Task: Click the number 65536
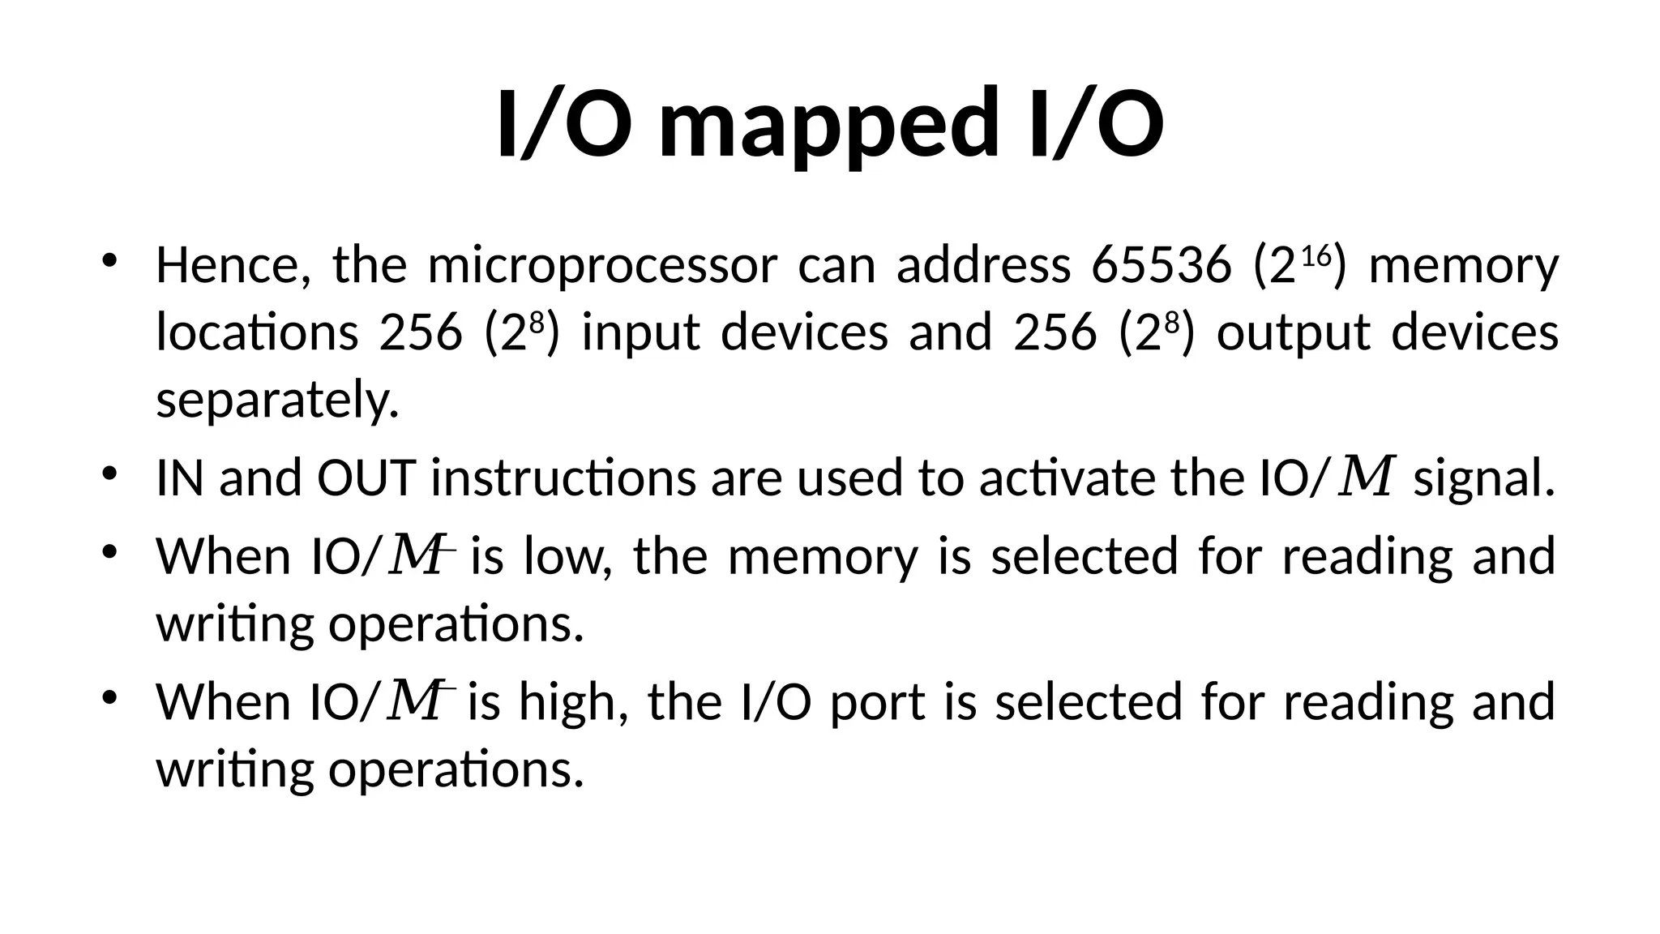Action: pyautogui.click(x=1161, y=265)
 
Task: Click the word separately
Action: pyautogui.click(x=277, y=401)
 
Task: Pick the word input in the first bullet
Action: pyautogui.click(x=640, y=333)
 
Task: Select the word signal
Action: pyautogui.click(x=1484, y=478)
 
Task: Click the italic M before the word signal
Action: pyautogui.click(x=1368, y=477)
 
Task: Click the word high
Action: pyautogui.click(x=573, y=701)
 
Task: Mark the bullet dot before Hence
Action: pyautogui.click(x=110, y=261)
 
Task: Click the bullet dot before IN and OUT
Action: pyautogui.click(x=110, y=473)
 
